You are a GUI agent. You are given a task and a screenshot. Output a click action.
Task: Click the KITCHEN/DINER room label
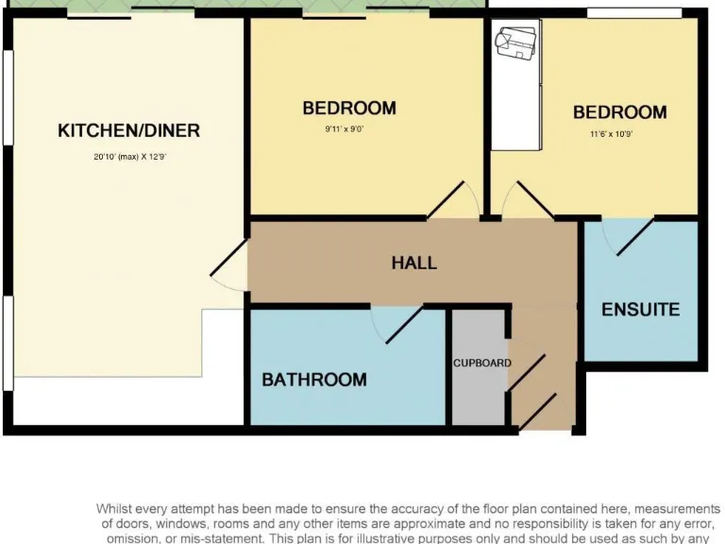(129, 130)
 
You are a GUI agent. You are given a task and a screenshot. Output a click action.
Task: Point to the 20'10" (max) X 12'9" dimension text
(129, 157)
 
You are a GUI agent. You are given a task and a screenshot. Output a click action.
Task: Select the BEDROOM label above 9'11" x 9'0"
(349, 108)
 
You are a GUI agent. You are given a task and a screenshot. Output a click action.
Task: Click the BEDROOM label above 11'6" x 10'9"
(619, 112)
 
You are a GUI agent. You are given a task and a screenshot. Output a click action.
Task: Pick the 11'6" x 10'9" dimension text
(612, 134)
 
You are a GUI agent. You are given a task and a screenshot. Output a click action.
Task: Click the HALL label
(414, 263)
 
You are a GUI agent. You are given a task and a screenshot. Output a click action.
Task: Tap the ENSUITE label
(640, 310)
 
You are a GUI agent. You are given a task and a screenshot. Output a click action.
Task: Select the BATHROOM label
(314, 380)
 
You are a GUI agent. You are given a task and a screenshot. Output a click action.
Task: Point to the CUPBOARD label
(481, 363)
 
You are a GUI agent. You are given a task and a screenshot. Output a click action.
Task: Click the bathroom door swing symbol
(396, 324)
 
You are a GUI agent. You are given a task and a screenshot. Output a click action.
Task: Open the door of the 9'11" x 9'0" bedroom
(452, 200)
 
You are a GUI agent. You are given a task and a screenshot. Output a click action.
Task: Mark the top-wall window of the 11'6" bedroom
(633, 12)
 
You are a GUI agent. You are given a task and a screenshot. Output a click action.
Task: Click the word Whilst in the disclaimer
(115, 509)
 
